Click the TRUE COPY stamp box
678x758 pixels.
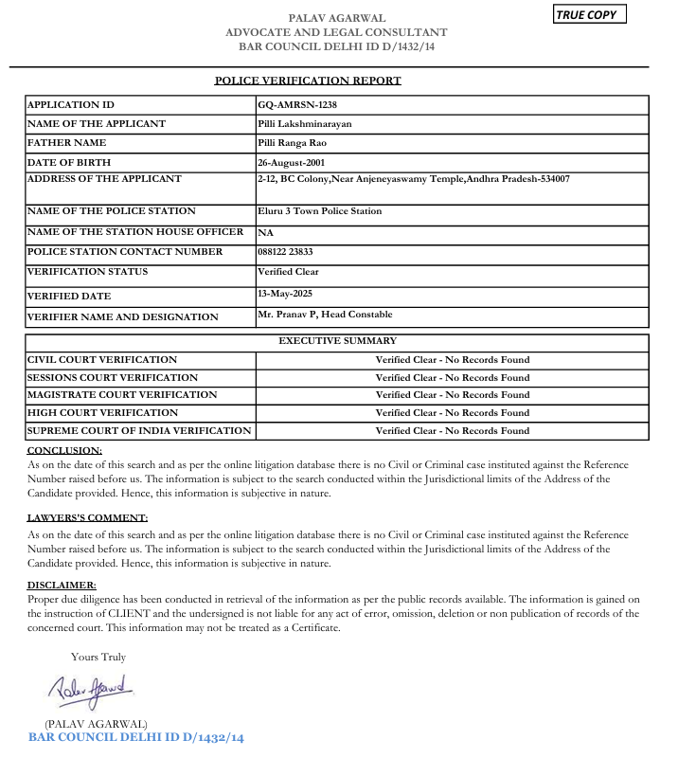pyautogui.click(x=590, y=14)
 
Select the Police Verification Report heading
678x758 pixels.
pyautogui.click(x=308, y=81)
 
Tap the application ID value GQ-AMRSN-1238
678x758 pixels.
pyautogui.click(x=297, y=105)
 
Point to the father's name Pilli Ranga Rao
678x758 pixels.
pyautogui.click(x=293, y=143)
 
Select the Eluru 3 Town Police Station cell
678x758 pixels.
pyautogui.click(x=319, y=211)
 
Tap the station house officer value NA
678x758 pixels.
pyautogui.click(x=266, y=232)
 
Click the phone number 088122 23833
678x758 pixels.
pyautogui.click(x=285, y=252)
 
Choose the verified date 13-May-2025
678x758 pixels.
pyautogui.click(x=285, y=295)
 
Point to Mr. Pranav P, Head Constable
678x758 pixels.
pyautogui.click(x=324, y=315)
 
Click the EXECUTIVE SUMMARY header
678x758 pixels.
pyautogui.click(x=337, y=341)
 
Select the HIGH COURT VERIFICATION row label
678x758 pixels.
pyautogui.click(x=102, y=413)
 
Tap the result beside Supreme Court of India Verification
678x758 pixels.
pyautogui.click(x=452, y=431)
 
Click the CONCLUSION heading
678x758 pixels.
pyautogui.click(x=64, y=451)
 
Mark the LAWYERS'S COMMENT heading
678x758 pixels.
pyautogui.click(x=87, y=518)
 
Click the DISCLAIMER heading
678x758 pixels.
pyautogui.click(x=62, y=586)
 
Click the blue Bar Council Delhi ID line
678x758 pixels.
pyautogui.click(x=136, y=737)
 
